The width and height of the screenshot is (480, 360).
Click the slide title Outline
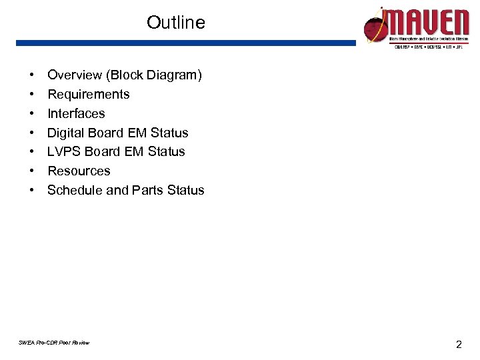176,23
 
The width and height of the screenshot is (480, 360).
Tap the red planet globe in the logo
375,27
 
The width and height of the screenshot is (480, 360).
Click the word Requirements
88,95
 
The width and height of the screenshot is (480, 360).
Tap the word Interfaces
76,113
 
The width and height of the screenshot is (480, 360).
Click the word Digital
65,133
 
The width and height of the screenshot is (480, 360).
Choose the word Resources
79,171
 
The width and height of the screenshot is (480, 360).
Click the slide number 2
459,345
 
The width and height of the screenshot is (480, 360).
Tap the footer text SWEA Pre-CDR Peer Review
55,343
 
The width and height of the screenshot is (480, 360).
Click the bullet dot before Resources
32,171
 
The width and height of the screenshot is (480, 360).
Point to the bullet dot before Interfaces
32,114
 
